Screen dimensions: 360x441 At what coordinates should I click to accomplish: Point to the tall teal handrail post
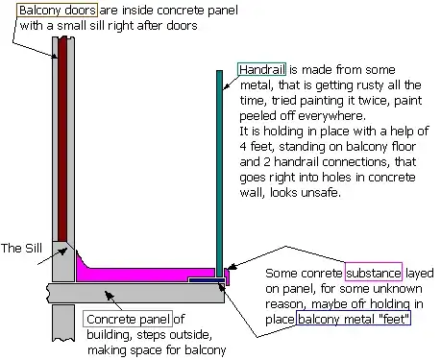point(220,173)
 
